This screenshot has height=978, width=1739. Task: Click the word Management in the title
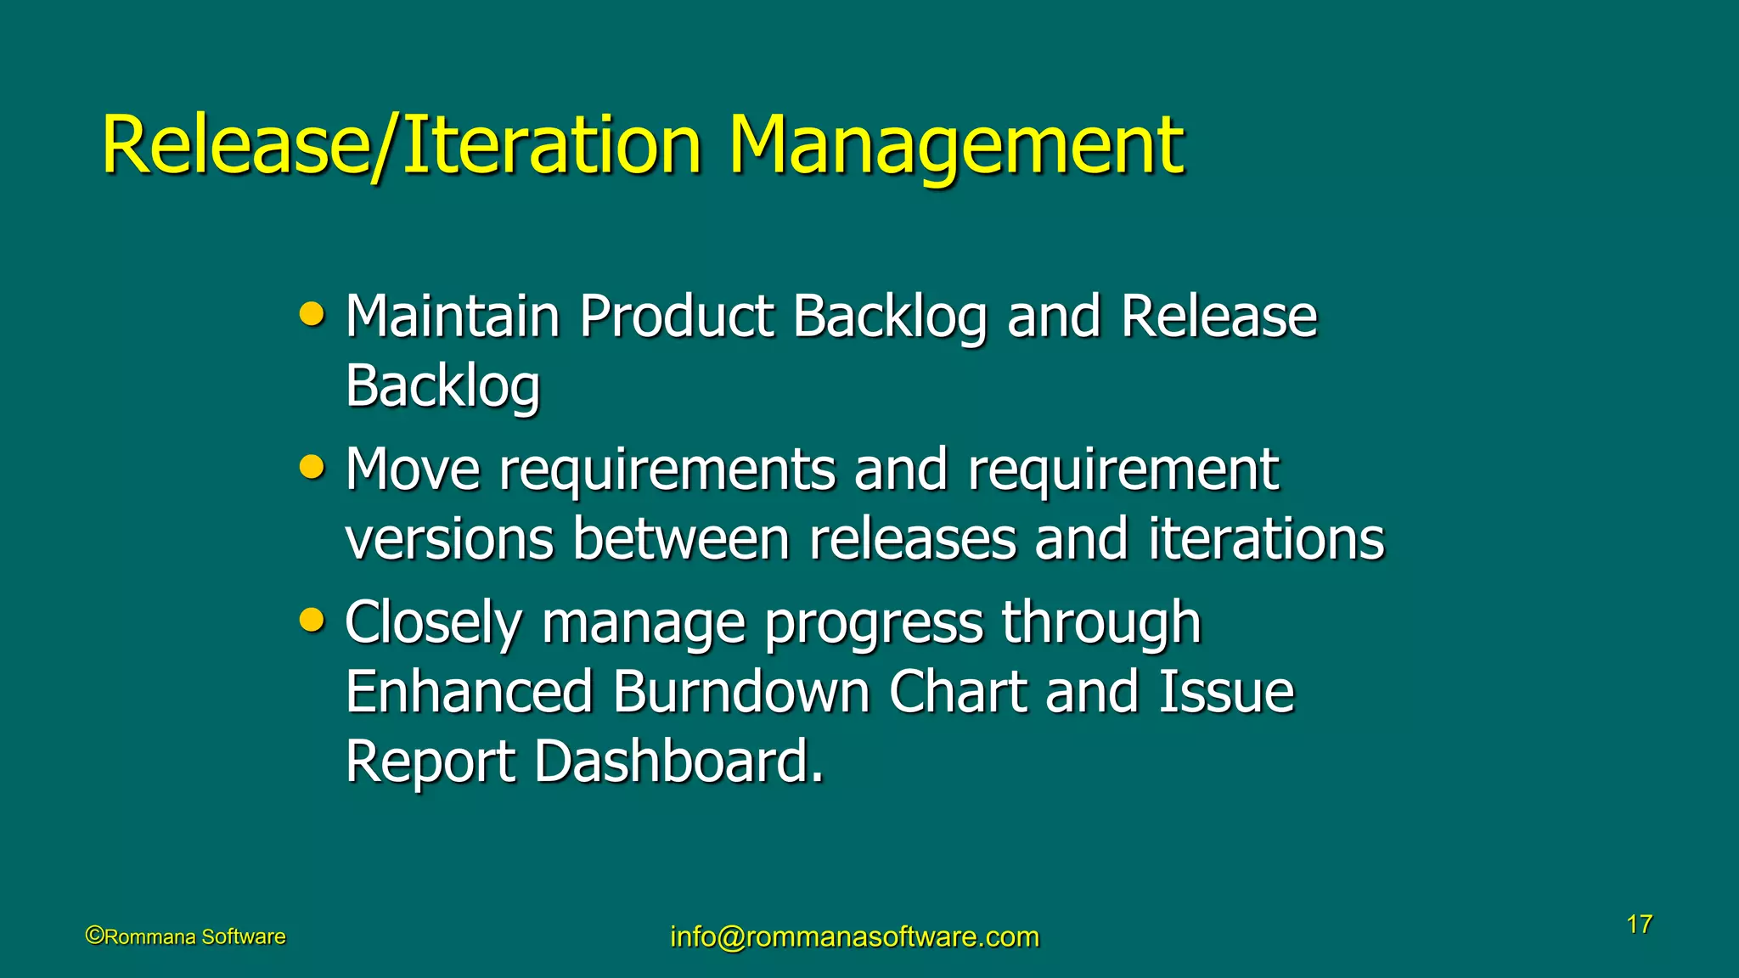pos(955,146)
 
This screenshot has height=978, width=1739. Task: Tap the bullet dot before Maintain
pos(312,315)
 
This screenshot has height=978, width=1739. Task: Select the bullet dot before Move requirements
pos(312,468)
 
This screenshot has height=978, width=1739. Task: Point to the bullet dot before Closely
pos(312,621)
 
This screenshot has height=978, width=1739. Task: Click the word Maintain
pos(453,317)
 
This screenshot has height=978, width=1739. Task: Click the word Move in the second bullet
pos(413,469)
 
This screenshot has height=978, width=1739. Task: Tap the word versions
pos(449,540)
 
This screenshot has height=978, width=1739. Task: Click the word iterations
pos(1266,540)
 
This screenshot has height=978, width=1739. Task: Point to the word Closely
pos(433,624)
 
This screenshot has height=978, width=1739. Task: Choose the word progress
pos(872,624)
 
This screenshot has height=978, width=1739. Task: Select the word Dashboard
pos(678,762)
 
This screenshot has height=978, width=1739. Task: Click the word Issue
pos(1226,692)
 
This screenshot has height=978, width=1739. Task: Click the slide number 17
pos(1639,925)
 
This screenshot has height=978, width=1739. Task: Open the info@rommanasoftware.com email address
pos(854,936)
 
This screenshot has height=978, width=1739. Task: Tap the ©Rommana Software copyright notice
pos(186,936)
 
